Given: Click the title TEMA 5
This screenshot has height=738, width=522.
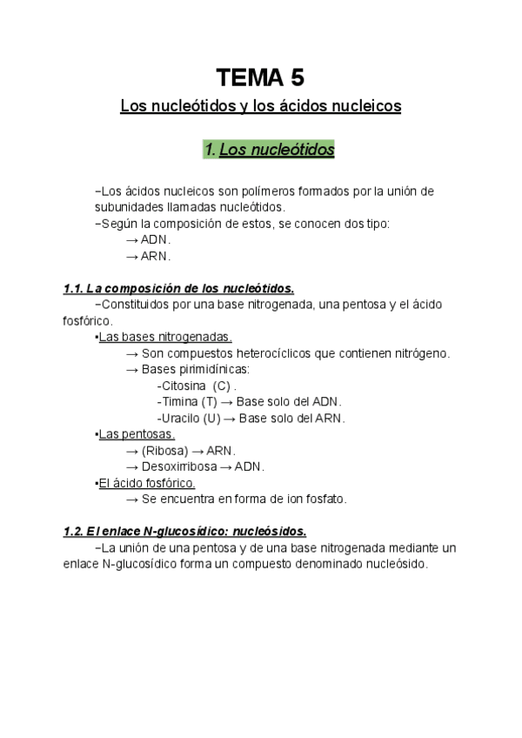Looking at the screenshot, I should click(260, 78).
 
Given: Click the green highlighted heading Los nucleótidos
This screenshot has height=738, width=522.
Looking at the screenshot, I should click(269, 150).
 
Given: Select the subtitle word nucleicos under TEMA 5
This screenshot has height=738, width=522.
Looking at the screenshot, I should click(363, 106).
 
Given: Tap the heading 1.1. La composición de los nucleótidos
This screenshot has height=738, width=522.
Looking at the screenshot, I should click(179, 288).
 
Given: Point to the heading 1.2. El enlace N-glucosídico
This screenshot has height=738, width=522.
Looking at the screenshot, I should click(184, 531).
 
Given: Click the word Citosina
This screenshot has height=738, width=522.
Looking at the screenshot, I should click(184, 386).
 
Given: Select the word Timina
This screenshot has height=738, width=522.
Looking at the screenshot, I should click(177, 401).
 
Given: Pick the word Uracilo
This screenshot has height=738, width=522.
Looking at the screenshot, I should click(178, 418).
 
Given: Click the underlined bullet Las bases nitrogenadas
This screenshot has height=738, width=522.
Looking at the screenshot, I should click(164, 337).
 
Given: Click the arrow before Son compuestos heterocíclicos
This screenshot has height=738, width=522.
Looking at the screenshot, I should click(132, 353).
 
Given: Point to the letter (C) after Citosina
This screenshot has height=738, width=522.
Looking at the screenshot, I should click(221, 386).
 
